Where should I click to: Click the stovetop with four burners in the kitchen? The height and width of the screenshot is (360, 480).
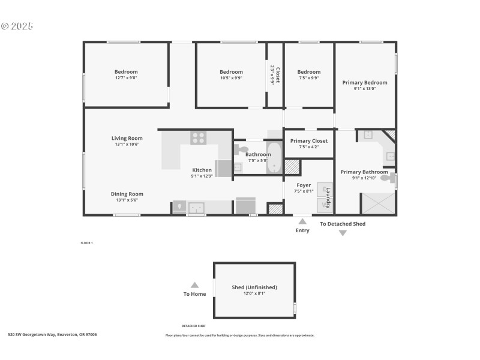(199, 137)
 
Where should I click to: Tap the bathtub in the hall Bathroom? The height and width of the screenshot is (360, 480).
(274, 158)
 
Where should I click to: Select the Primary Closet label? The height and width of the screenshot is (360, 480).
(308, 141)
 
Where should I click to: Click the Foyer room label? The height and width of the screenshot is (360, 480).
(304, 185)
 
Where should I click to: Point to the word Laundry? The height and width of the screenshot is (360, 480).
(328, 197)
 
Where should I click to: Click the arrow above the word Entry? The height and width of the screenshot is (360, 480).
(302, 221)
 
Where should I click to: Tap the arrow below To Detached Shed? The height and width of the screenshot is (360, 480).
(343, 233)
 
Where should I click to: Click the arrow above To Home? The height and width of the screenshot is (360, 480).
(194, 286)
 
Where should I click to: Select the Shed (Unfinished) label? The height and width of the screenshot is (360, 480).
(254, 287)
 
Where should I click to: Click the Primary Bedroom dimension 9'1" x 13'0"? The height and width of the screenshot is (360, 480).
(365, 89)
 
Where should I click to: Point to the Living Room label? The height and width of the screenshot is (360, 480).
(127, 138)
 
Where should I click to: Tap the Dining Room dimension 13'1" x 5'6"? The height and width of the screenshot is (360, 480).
(127, 201)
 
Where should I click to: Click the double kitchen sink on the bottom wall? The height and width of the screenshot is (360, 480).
(196, 208)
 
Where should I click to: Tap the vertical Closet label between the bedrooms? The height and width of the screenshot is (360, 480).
(277, 76)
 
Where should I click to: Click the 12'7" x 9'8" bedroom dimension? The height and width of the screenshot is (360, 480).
(126, 79)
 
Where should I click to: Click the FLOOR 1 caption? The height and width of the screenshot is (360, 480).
(87, 243)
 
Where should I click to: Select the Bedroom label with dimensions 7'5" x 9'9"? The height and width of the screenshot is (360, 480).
(309, 72)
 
